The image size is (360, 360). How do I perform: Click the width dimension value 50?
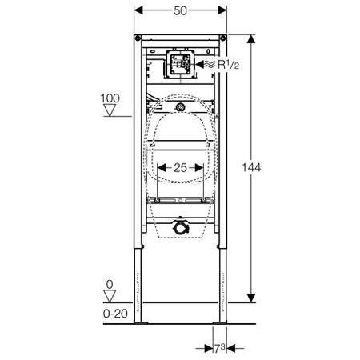180,11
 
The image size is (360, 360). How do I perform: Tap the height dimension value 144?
251,167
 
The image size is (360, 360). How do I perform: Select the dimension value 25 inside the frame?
180,168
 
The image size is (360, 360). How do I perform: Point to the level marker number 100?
110,98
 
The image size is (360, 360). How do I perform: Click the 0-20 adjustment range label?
115,314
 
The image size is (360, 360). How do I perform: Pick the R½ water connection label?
228,64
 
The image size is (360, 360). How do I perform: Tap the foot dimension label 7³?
220,348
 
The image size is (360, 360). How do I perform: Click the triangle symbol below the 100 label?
110,110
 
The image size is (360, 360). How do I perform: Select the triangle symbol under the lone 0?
110,296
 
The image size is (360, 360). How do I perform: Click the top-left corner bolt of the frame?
138,38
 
